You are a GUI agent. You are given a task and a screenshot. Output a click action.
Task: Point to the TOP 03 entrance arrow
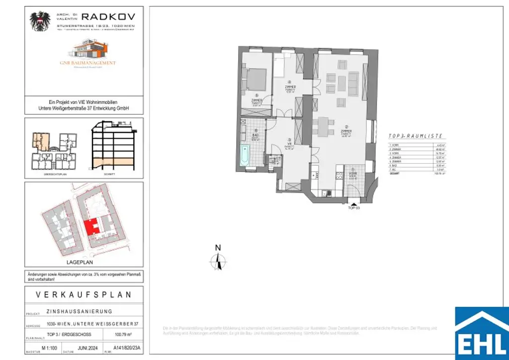[354, 202]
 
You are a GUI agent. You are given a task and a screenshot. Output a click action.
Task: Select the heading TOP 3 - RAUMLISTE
[416, 136]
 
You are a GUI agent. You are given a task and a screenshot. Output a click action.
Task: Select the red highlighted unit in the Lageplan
[90, 228]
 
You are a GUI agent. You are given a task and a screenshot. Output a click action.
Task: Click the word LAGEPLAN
[80, 262]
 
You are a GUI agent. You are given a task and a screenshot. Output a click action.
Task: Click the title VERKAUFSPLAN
[84, 294]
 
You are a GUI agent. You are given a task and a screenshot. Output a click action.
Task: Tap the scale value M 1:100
[50, 348]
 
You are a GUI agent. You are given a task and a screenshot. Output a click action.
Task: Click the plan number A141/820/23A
[128, 348]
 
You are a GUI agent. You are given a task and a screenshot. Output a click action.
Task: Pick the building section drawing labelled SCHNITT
[112, 147]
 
